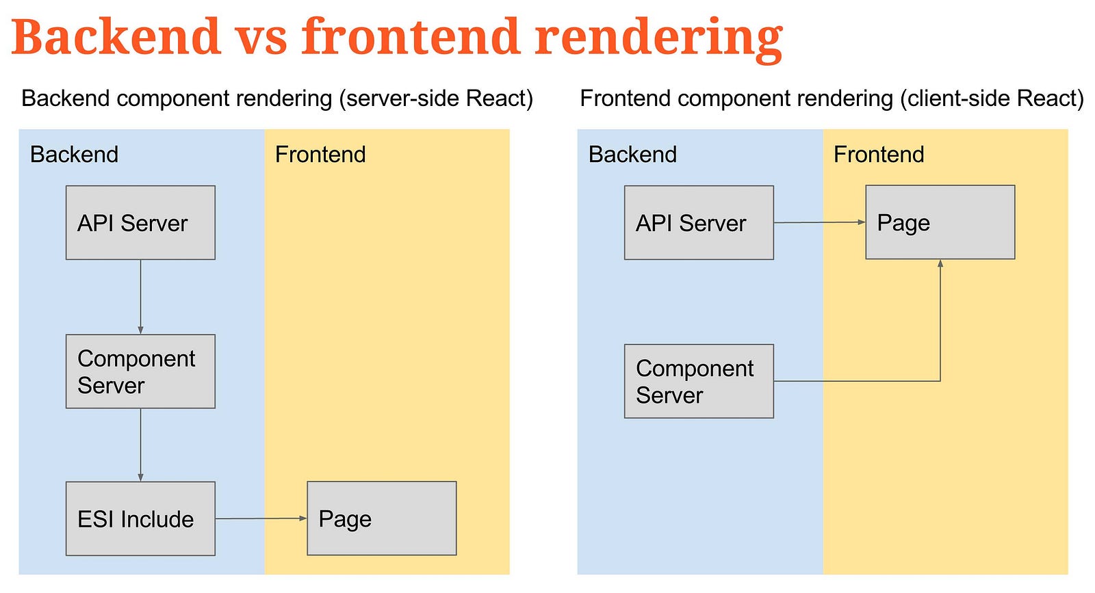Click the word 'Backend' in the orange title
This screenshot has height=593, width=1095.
click(x=116, y=36)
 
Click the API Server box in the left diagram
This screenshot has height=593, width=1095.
click(x=140, y=222)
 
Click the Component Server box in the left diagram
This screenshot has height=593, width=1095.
click(x=140, y=371)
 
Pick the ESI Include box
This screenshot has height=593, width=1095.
click(x=140, y=518)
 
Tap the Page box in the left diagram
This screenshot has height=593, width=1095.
click(x=382, y=518)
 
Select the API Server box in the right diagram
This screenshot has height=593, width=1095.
click(x=699, y=222)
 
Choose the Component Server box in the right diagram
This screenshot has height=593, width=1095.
click(x=699, y=381)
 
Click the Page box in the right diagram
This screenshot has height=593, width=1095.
click(x=940, y=222)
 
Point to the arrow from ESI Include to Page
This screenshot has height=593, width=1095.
click(x=261, y=518)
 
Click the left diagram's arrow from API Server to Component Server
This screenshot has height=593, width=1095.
click(x=140, y=297)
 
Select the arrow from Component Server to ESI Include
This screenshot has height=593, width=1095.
click(x=140, y=445)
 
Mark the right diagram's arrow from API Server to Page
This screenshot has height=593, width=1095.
click(x=820, y=222)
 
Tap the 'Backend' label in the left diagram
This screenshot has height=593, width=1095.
click(x=75, y=155)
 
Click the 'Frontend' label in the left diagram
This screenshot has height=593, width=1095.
click(x=320, y=155)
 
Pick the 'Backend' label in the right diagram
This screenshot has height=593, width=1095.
click(x=632, y=155)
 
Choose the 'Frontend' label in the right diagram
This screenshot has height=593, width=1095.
click(x=879, y=155)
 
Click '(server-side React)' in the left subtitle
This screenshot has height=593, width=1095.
click(x=436, y=98)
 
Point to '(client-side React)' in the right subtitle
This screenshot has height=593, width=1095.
click(x=992, y=98)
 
